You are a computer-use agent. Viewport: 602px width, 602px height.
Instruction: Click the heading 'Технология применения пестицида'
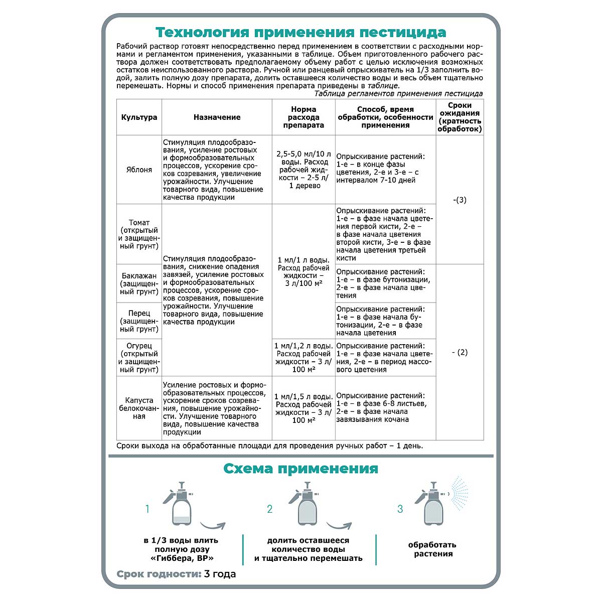(x=300, y=33)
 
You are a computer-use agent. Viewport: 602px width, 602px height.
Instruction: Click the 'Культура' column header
(x=139, y=117)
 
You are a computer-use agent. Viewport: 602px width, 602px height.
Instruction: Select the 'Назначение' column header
(x=217, y=117)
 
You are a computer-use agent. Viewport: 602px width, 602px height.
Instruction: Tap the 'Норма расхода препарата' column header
(x=303, y=117)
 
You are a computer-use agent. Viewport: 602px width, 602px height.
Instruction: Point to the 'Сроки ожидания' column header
(x=460, y=117)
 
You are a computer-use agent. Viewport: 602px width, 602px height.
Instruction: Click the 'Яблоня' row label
(x=139, y=170)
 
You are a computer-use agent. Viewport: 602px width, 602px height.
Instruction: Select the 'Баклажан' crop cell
(x=139, y=283)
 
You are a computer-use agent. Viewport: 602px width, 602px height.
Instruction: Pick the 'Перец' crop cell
(x=139, y=321)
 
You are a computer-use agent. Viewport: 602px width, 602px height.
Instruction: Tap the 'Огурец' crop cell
(x=139, y=358)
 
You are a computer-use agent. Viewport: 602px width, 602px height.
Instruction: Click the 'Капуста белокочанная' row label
(x=139, y=408)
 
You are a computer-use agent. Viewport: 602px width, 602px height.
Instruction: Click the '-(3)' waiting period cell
(x=460, y=200)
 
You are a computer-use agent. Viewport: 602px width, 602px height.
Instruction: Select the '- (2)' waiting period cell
(x=460, y=352)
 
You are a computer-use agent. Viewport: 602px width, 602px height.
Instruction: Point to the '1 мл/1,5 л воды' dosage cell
(x=303, y=408)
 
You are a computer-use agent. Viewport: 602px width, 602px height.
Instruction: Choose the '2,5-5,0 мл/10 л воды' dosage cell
(x=303, y=170)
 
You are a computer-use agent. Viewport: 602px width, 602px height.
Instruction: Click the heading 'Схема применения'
(x=300, y=469)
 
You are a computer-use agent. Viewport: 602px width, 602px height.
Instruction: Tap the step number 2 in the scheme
(x=270, y=509)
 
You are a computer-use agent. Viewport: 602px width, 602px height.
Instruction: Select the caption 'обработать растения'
(x=432, y=549)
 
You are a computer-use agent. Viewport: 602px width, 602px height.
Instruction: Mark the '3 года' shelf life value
(x=220, y=574)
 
